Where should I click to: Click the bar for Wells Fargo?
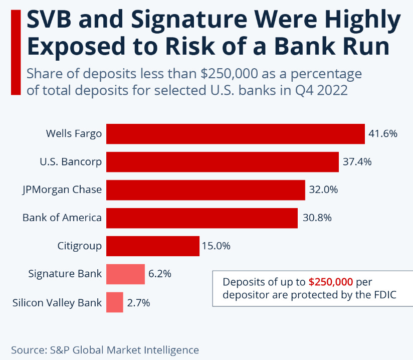click(x=235, y=134)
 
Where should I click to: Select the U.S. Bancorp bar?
click(x=222, y=162)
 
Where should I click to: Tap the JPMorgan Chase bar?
click(x=205, y=190)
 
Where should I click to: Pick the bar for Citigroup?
click(x=153, y=246)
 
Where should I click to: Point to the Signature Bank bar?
click(x=125, y=274)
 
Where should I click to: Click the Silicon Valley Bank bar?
click(x=115, y=302)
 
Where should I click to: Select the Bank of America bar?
click(x=202, y=218)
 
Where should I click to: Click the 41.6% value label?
click(x=382, y=134)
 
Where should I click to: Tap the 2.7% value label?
click(x=138, y=303)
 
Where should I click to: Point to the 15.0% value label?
click(x=216, y=246)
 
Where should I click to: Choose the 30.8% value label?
click(x=316, y=218)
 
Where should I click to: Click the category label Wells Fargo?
click(x=74, y=134)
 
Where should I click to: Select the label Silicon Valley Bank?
click(x=57, y=303)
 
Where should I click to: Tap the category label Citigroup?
click(x=80, y=246)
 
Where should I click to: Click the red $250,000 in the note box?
click(x=331, y=282)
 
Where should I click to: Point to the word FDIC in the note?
click(x=384, y=295)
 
